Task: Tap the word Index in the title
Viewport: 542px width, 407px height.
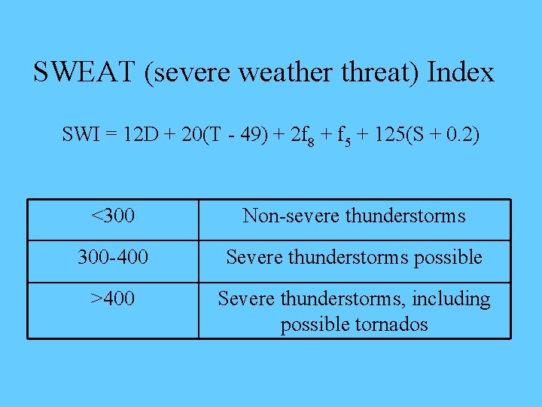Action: click(461, 73)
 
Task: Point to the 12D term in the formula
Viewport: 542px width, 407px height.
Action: click(141, 136)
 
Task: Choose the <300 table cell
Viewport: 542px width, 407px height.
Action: click(113, 217)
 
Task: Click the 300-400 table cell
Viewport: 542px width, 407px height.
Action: click(113, 258)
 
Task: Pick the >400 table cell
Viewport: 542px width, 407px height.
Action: click(113, 299)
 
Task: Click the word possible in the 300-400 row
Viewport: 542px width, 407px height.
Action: click(448, 258)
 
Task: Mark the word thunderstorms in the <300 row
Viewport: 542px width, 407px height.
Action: click(406, 217)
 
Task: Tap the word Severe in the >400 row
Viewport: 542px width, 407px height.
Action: click(246, 299)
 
